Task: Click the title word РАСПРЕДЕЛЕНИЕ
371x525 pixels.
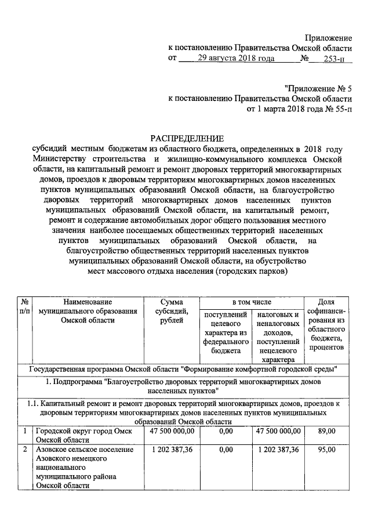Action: click(187, 138)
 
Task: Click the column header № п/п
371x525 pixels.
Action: click(25, 307)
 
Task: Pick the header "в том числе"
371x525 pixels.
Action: click(251, 302)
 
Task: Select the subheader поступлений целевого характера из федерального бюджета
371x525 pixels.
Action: click(225, 333)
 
